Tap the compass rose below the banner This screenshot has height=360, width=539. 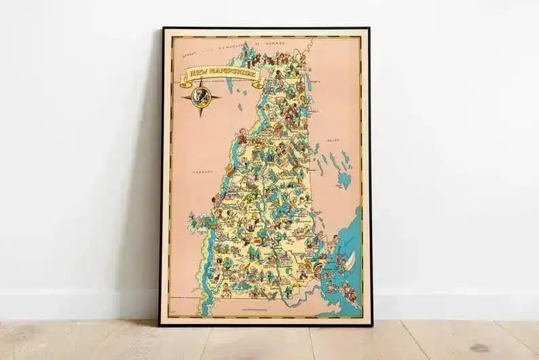coord(201,97)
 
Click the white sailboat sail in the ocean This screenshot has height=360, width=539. coord(350,258)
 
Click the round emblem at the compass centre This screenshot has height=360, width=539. coord(201,96)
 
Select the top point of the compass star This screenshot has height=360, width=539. coord(201,81)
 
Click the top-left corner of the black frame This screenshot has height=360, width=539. coord(162,29)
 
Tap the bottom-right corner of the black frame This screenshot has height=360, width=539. coord(371,324)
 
